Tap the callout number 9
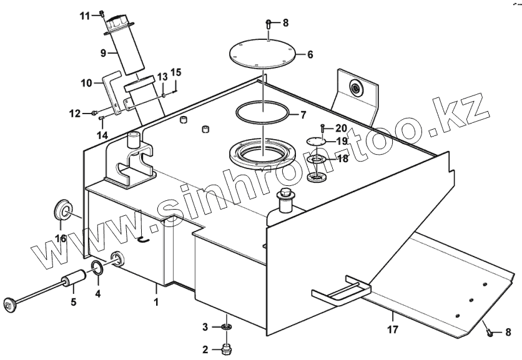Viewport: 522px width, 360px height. [x=104, y=53]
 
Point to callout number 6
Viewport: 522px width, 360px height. [x=310, y=54]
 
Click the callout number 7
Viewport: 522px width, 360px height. [x=303, y=115]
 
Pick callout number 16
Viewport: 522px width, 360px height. [x=61, y=238]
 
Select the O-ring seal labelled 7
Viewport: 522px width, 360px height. [x=263, y=114]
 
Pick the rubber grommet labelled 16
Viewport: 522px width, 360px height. [x=62, y=210]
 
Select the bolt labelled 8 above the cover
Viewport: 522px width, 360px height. [x=268, y=24]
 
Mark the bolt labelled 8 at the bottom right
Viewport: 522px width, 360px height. [x=491, y=333]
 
